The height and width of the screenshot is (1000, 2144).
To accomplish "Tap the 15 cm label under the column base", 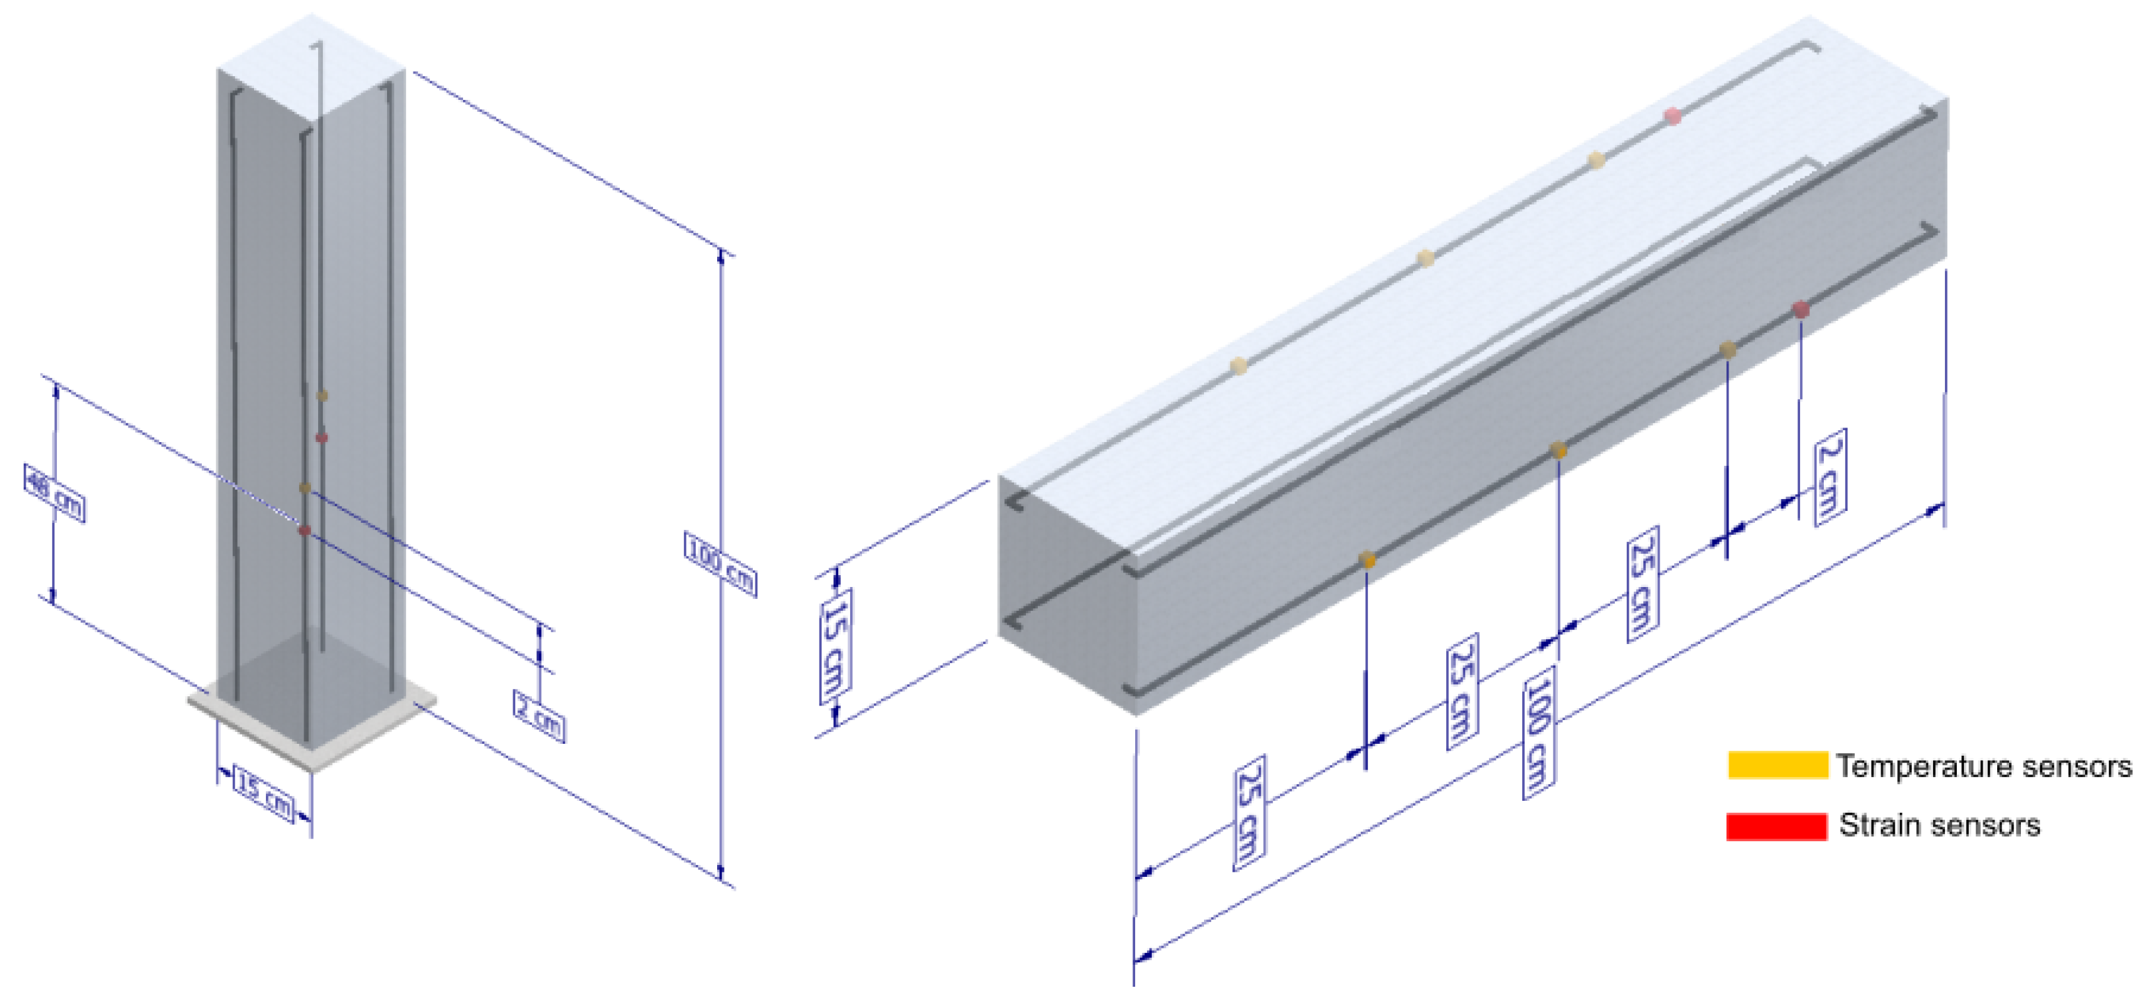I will pyautogui.click(x=265, y=794).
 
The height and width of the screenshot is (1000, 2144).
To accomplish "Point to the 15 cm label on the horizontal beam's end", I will pyautogui.click(x=836, y=646).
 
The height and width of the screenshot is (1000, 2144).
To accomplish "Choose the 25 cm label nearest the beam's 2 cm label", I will pyautogui.click(x=1642, y=584).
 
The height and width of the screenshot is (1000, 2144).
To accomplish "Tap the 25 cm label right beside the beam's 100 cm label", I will pyautogui.click(x=1463, y=690).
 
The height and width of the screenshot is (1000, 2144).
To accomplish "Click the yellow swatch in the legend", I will pyautogui.click(x=1777, y=765).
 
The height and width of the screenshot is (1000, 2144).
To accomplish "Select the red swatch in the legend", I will pyautogui.click(x=1776, y=826).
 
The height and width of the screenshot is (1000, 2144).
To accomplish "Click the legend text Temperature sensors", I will pyautogui.click(x=1984, y=766).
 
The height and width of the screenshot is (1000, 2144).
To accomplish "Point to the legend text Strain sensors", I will pyautogui.click(x=1939, y=825).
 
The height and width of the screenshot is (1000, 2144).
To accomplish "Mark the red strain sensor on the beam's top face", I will pyautogui.click(x=1672, y=116).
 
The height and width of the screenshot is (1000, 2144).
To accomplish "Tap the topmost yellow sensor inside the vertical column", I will pyautogui.click(x=322, y=396).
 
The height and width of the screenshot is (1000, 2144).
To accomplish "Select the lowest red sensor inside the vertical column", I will pyautogui.click(x=304, y=530).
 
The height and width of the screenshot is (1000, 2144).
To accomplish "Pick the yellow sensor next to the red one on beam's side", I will pyautogui.click(x=1728, y=349).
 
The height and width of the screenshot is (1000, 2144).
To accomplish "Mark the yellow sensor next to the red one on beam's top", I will pyautogui.click(x=1596, y=160).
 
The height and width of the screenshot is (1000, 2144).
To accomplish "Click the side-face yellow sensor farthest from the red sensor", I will pyautogui.click(x=1367, y=559).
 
